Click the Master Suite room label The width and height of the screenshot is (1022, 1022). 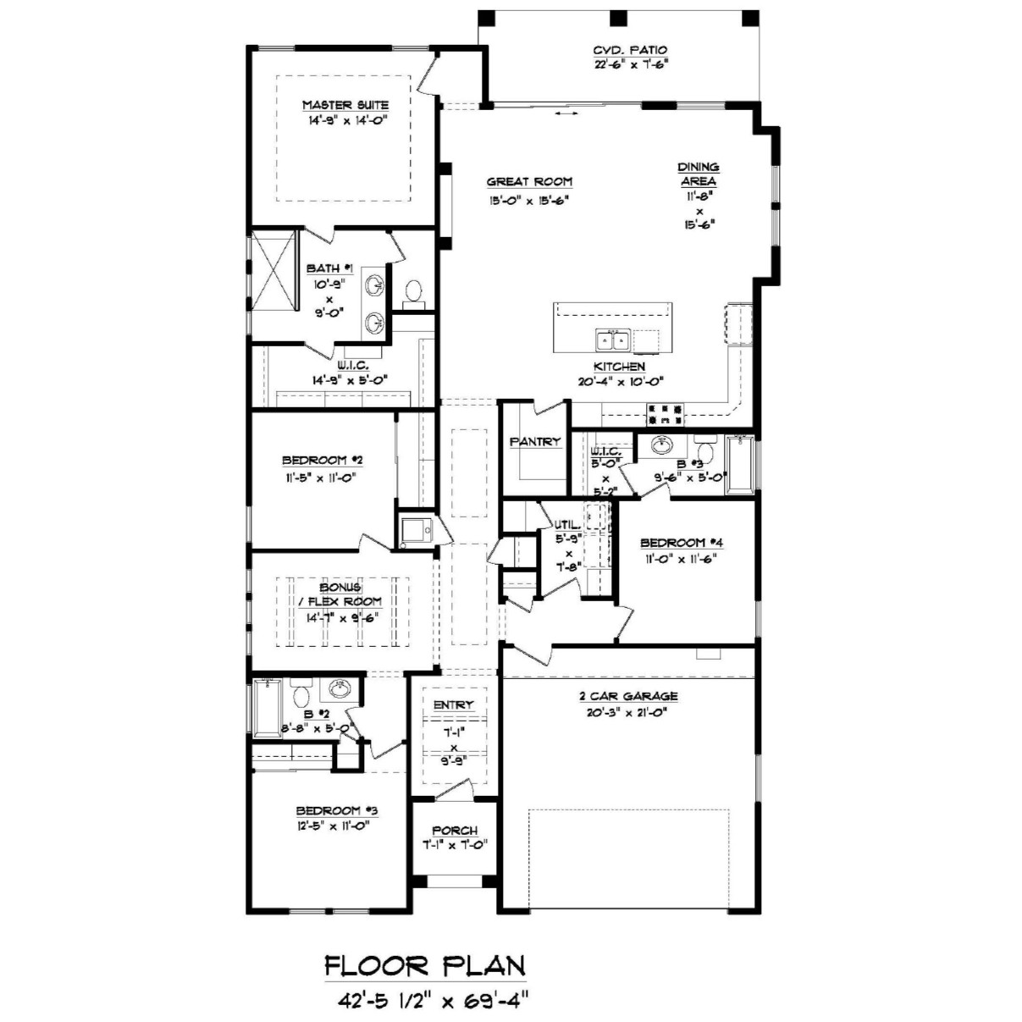click(345, 105)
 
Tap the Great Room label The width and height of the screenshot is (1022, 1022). click(530, 182)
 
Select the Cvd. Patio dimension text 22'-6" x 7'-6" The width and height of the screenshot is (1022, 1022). click(630, 64)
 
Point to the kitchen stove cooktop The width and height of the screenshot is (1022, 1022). click(665, 414)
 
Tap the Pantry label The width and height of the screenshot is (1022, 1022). click(534, 441)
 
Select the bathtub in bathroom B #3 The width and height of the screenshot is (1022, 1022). click(740, 464)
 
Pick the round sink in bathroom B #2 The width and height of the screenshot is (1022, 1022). click(339, 689)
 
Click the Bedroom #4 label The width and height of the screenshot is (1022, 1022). click(682, 543)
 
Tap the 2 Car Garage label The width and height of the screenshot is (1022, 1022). click(628, 695)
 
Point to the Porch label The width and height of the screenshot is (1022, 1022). click(455, 831)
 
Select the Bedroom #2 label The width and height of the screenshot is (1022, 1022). click(322, 460)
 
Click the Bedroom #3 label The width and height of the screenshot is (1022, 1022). click(336, 811)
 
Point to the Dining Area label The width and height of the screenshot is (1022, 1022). click(699, 174)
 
